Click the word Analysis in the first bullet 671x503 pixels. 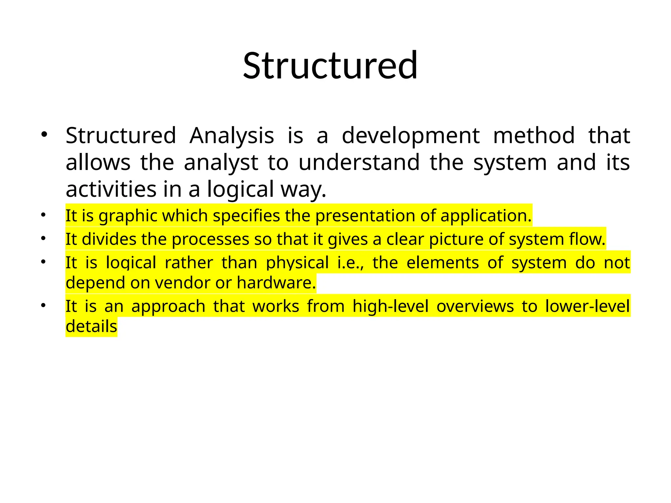point(232,136)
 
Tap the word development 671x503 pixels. point(411,136)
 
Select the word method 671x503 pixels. point(534,136)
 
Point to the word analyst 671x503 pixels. point(221,163)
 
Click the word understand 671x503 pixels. point(359,163)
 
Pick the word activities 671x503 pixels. point(111,189)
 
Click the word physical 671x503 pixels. point(297,263)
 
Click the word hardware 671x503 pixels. point(276,283)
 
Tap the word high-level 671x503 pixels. point(391,307)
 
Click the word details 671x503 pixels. point(91,326)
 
